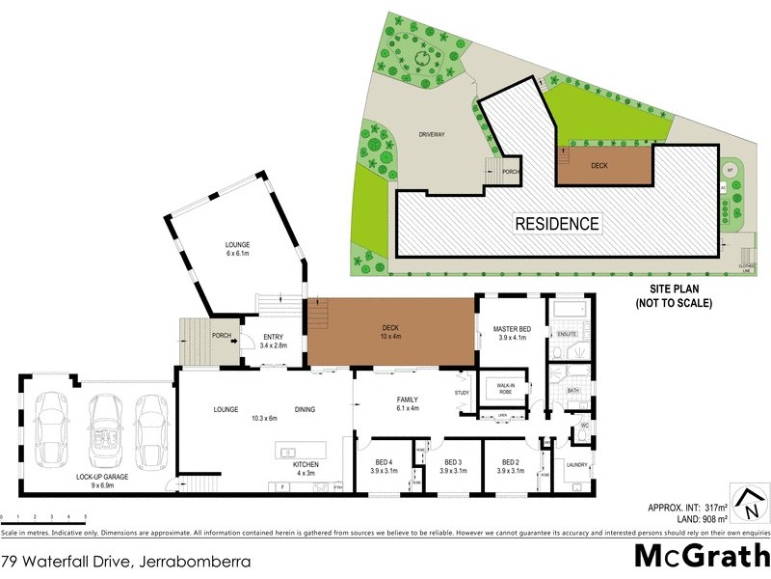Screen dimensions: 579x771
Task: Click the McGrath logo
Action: (701, 556)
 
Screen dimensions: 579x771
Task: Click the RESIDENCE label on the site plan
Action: (557, 224)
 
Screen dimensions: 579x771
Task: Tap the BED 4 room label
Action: (385, 460)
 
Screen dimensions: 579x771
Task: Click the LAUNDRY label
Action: (577, 464)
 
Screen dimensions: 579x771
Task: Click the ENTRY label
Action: (274, 338)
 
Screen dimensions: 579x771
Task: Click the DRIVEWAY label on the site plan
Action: (431, 134)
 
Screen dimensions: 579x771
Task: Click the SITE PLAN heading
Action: (674, 295)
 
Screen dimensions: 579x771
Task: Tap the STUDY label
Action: (461, 393)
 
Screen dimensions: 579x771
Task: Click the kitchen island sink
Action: (287, 451)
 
